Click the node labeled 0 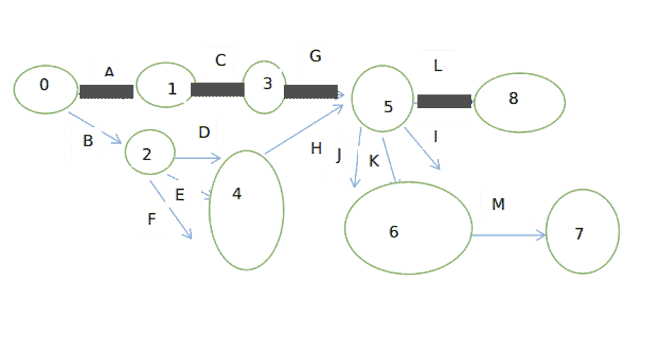(45, 89)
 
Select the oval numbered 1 (166, 85)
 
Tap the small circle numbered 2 (150, 152)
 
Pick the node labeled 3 (264, 87)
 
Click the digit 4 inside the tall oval (237, 194)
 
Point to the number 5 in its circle (388, 107)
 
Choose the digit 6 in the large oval (393, 232)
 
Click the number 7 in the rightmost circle (579, 234)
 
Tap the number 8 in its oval (514, 98)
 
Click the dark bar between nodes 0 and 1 (107, 92)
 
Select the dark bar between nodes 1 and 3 (218, 90)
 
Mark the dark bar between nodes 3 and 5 (311, 92)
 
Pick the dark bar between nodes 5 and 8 (444, 101)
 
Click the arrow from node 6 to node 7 (509, 236)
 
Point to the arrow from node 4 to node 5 (304, 129)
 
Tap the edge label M (498, 204)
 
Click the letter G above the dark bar (315, 56)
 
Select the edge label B (88, 140)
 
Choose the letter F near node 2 (151, 219)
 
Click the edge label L (438, 66)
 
